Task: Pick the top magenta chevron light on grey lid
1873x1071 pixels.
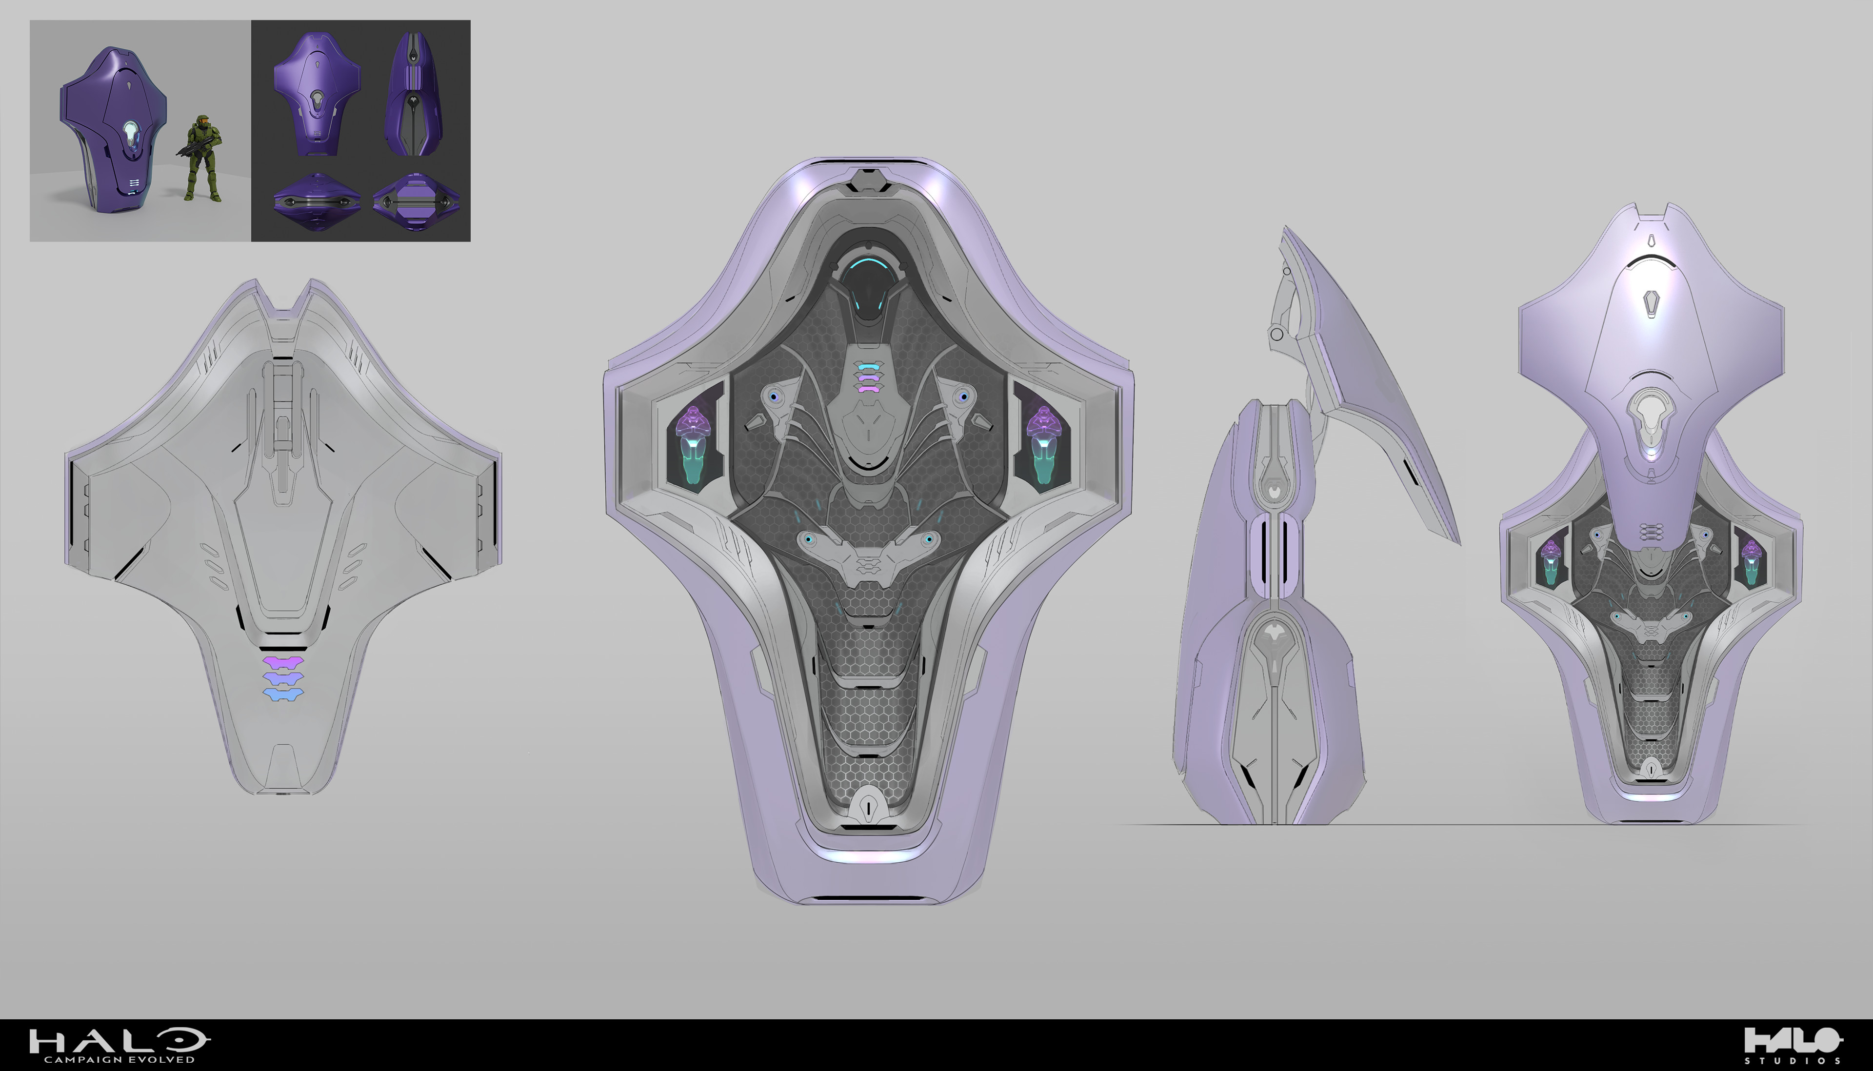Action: click(283, 662)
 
